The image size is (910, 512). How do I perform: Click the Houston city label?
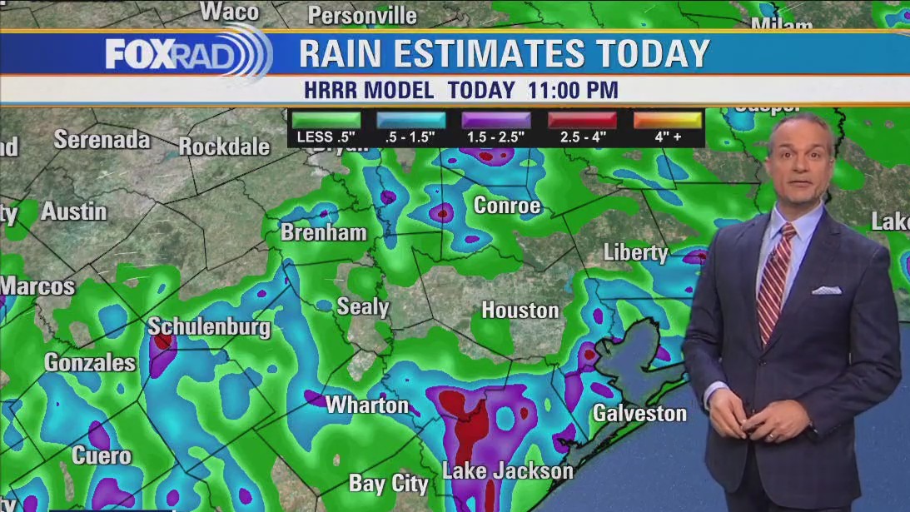tap(520, 311)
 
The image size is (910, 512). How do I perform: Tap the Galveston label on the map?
tap(639, 413)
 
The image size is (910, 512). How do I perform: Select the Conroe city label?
tap(506, 206)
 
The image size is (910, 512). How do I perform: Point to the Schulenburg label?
tap(209, 327)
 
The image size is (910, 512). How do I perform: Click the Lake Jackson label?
tap(507, 471)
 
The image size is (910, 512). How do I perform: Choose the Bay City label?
tap(388, 484)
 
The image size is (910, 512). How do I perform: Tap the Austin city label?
tap(74, 211)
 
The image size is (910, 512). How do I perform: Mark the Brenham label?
tap(323, 233)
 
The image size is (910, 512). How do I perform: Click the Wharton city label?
tap(367, 405)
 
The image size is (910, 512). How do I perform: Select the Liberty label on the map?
tap(636, 252)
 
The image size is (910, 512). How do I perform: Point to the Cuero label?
tap(102, 456)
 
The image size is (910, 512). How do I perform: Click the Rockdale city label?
tap(224, 147)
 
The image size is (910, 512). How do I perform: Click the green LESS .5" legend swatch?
tap(326, 121)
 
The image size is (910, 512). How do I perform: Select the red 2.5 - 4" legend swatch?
tap(582, 121)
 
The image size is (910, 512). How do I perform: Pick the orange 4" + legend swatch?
tap(667, 121)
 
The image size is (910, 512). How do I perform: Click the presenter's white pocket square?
tap(827, 290)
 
